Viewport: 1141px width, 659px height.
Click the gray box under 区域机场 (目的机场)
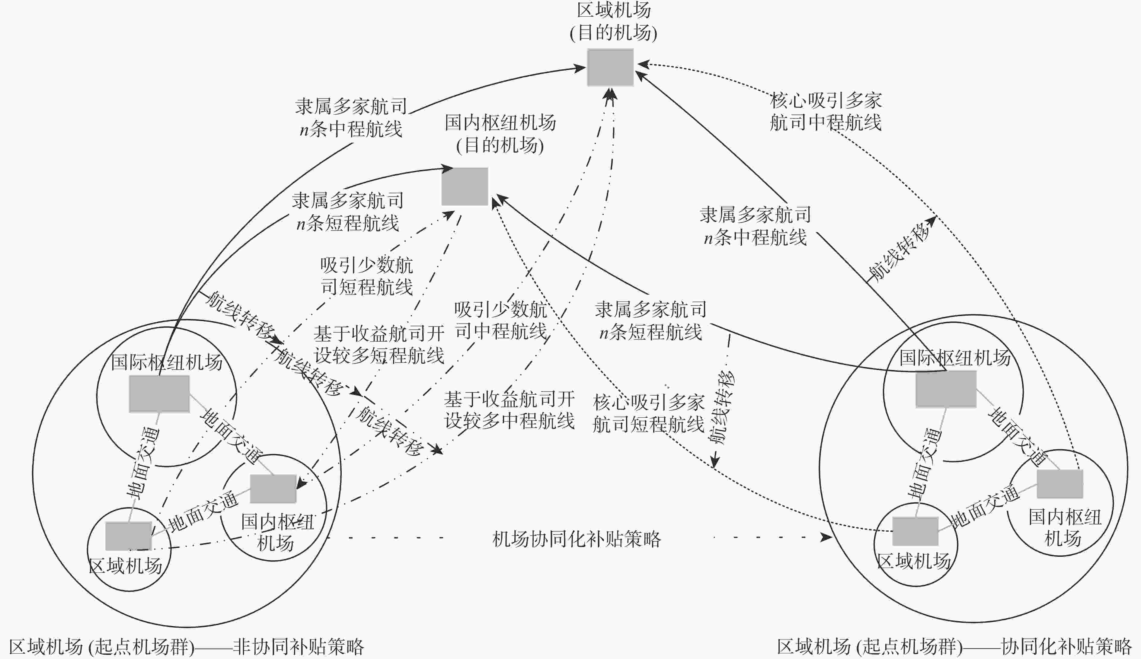pyautogui.click(x=610, y=68)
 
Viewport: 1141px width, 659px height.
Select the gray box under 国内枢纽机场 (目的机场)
pyautogui.click(x=465, y=186)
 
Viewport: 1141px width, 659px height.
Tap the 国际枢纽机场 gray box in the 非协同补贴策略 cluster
pyautogui.click(x=159, y=394)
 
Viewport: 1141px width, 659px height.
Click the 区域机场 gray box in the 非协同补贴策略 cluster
pyautogui.click(x=128, y=536)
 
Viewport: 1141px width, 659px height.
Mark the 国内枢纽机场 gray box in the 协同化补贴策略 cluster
pyautogui.click(x=1059, y=484)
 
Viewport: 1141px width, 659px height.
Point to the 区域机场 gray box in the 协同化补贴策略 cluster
pyautogui.click(x=915, y=531)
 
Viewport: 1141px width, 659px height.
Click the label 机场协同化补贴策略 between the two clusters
pyautogui.click(x=577, y=539)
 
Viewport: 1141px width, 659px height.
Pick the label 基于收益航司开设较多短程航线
pyautogui.click(x=379, y=345)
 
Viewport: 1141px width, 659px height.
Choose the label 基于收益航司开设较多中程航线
pyautogui.click(x=510, y=410)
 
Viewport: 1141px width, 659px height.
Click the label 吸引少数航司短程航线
pyautogui.click(x=366, y=276)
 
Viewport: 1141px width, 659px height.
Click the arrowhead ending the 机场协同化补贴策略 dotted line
pyautogui.click(x=827, y=538)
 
